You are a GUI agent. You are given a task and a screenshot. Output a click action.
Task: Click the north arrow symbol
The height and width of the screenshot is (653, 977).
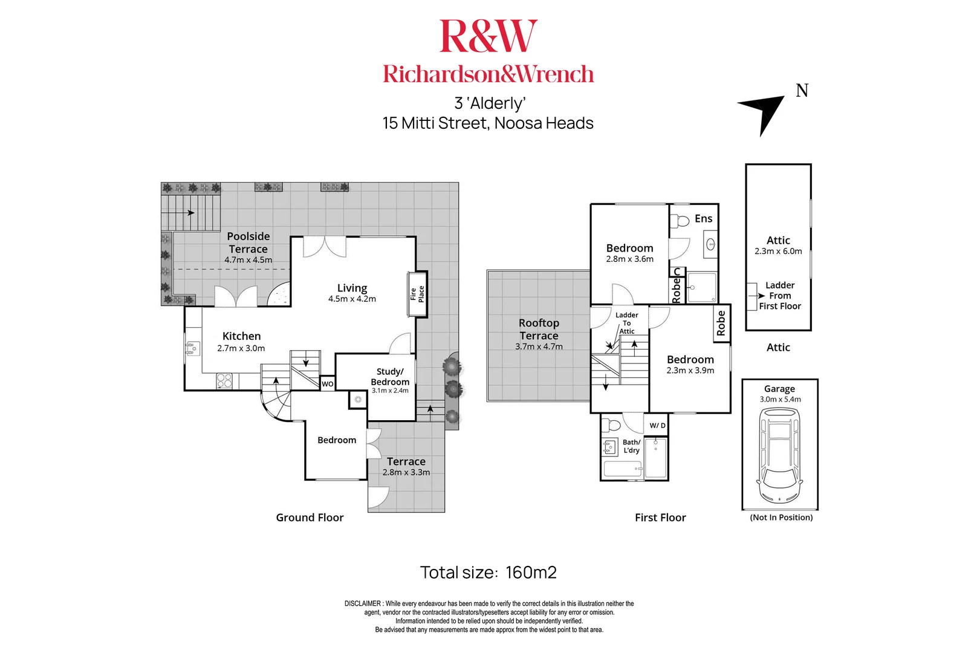(x=764, y=111)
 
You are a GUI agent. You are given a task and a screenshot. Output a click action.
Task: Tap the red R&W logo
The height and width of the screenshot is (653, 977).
(x=488, y=36)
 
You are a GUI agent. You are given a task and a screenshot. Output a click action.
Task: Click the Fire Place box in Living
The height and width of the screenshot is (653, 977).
(x=418, y=294)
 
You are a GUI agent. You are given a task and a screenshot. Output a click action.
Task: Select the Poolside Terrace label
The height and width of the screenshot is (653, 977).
(x=248, y=242)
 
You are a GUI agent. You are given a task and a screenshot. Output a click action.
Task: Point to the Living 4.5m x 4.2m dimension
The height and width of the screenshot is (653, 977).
(x=352, y=299)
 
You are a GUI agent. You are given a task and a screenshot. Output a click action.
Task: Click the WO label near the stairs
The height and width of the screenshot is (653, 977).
(x=327, y=384)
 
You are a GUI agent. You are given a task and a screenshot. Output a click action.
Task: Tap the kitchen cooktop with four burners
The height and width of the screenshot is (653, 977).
(x=224, y=380)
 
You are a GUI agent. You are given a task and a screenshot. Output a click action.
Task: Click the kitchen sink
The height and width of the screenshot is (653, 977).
(x=193, y=348)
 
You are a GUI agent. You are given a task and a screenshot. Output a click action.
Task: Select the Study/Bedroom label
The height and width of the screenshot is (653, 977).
(x=390, y=377)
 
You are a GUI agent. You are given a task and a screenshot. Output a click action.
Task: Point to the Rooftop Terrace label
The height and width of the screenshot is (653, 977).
(x=539, y=330)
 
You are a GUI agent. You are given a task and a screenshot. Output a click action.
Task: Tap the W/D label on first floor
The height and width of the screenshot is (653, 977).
(x=657, y=426)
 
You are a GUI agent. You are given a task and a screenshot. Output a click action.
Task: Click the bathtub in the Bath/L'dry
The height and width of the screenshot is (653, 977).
(x=623, y=469)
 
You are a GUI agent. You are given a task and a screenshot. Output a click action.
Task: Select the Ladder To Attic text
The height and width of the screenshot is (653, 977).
(x=627, y=323)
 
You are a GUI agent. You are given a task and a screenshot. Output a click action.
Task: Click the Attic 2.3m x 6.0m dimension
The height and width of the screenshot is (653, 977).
(x=778, y=252)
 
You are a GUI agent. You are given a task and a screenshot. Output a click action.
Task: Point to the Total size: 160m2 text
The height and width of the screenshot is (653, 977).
(x=488, y=573)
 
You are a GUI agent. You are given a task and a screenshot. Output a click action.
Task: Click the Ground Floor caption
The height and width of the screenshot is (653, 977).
(x=310, y=518)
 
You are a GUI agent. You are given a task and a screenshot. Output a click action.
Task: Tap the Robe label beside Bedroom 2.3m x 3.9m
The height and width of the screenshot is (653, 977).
(x=721, y=323)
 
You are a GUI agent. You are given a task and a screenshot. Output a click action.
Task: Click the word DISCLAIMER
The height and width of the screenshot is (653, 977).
(x=363, y=603)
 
